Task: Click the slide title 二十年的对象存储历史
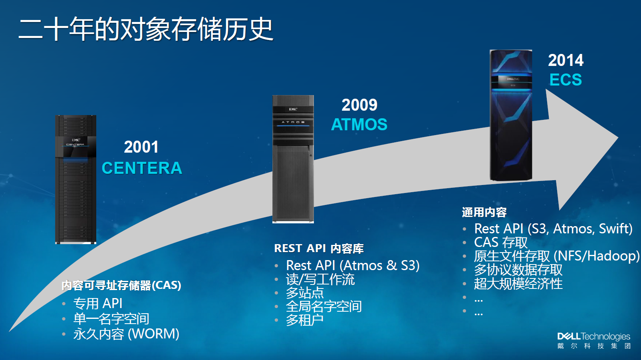click(146, 29)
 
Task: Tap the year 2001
click(141, 147)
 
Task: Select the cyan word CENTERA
click(142, 168)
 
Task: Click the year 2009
click(359, 105)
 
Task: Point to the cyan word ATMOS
click(359, 125)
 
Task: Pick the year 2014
click(566, 60)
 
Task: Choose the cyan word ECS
click(566, 80)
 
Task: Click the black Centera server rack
click(75, 179)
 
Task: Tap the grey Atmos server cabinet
click(293, 159)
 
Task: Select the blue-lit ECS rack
click(511, 115)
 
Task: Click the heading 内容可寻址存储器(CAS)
click(121, 285)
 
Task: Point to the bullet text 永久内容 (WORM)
click(126, 334)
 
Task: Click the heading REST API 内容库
click(319, 248)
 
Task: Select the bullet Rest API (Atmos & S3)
click(353, 265)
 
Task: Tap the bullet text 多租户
click(305, 320)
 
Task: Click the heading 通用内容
click(484, 212)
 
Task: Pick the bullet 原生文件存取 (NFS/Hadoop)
click(557, 256)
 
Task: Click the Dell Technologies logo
click(594, 340)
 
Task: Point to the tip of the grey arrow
click(618, 137)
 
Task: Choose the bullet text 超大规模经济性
click(518, 284)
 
